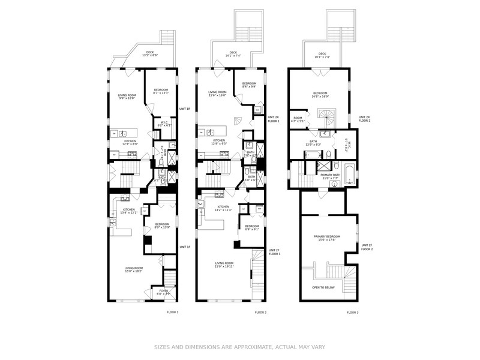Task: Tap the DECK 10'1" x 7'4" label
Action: click(x=322, y=55)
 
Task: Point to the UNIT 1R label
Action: click(x=185, y=109)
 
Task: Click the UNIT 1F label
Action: click(x=185, y=247)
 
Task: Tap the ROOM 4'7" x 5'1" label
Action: click(x=298, y=119)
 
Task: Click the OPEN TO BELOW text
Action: click(x=323, y=287)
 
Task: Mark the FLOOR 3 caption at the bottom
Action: click(x=353, y=313)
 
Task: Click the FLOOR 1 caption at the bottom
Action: click(x=172, y=312)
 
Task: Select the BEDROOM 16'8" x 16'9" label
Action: click(x=320, y=94)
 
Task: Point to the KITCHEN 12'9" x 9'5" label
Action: click(x=219, y=142)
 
